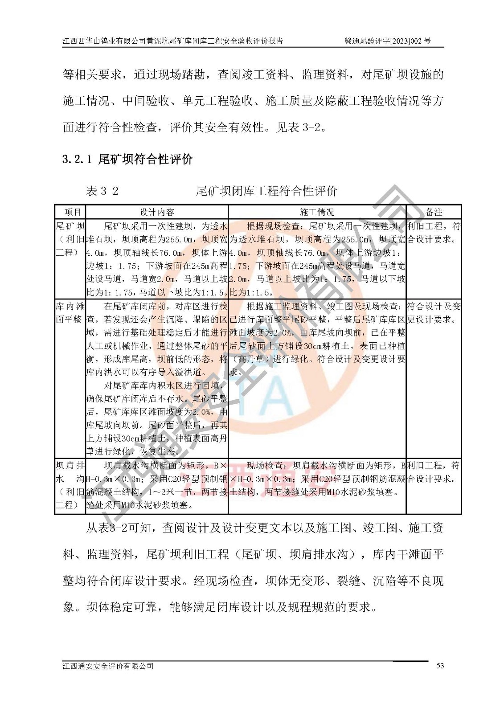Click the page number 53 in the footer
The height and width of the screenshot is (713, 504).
pyautogui.click(x=440, y=666)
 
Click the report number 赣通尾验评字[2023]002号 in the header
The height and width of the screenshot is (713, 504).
pyautogui.click(x=388, y=41)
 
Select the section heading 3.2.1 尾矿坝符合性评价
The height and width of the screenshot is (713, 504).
pyautogui.click(x=127, y=159)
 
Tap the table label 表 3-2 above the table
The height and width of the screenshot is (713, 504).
pyautogui.click(x=102, y=191)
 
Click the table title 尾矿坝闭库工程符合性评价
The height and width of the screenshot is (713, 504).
pyautogui.click(x=266, y=191)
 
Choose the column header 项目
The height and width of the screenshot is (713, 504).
pyautogui.click(x=70, y=212)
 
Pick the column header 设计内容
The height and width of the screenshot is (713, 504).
pyautogui.click(x=157, y=212)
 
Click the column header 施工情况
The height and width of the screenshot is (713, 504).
pyautogui.click(x=317, y=212)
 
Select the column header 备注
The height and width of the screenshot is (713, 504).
pyautogui.click(x=434, y=212)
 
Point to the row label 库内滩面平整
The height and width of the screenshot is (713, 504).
pyautogui.click(x=70, y=313)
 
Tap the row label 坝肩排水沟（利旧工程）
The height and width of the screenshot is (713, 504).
pyautogui.click(x=70, y=485)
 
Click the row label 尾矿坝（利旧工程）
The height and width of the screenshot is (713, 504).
pyautogui.click(x=70, y=239)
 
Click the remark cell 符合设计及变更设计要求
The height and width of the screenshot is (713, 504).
pyautogui.click(x=434, y=313)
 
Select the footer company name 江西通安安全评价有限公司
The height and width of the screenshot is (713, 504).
pyautogui.click(x=108, y=666)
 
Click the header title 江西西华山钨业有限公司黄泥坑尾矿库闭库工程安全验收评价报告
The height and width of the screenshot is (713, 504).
pyautogui.click(x=172, y=41)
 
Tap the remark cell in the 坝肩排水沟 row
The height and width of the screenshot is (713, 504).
pyautogui.click(x=434, y=472)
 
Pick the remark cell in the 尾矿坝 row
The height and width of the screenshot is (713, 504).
pyautogui.click(x=434, y=233)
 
